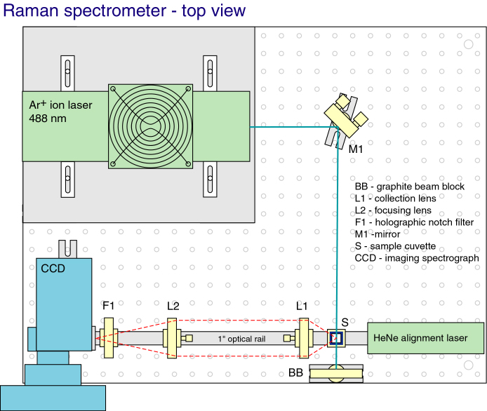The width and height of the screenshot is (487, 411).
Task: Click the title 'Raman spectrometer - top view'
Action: click(125, 11)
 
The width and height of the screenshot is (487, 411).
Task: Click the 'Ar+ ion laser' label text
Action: click(60, 105)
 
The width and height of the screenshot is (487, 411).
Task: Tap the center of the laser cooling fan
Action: click(150, 126)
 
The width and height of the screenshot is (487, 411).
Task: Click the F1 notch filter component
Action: click(108, 338)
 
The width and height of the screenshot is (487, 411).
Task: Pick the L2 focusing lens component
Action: click(173, 338)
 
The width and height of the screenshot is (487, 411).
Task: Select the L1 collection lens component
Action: click(303, 338)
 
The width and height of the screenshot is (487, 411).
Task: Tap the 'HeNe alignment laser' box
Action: click(426, 338)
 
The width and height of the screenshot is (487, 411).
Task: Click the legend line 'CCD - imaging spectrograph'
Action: click(417, 258)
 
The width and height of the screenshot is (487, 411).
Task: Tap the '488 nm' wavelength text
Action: click(48, 119)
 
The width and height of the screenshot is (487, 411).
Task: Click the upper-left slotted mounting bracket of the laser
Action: click(67, 71)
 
